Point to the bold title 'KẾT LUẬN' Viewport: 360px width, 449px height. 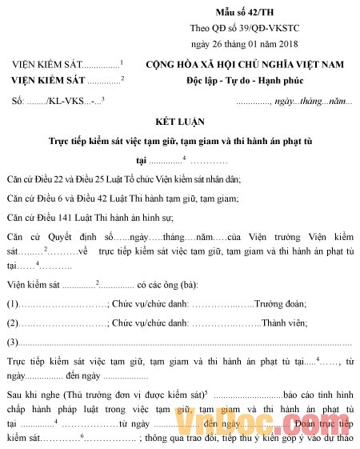(181, 123)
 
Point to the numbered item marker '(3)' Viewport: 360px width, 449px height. (13, 343)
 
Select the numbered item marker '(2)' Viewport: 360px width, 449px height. (13, 323)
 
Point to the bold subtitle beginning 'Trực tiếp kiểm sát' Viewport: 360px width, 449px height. (181, 142)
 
